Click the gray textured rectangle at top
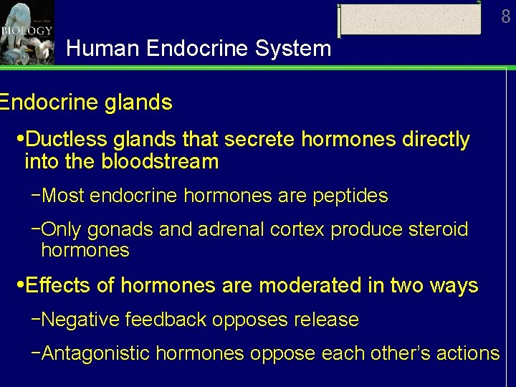410,19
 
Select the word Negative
80,320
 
